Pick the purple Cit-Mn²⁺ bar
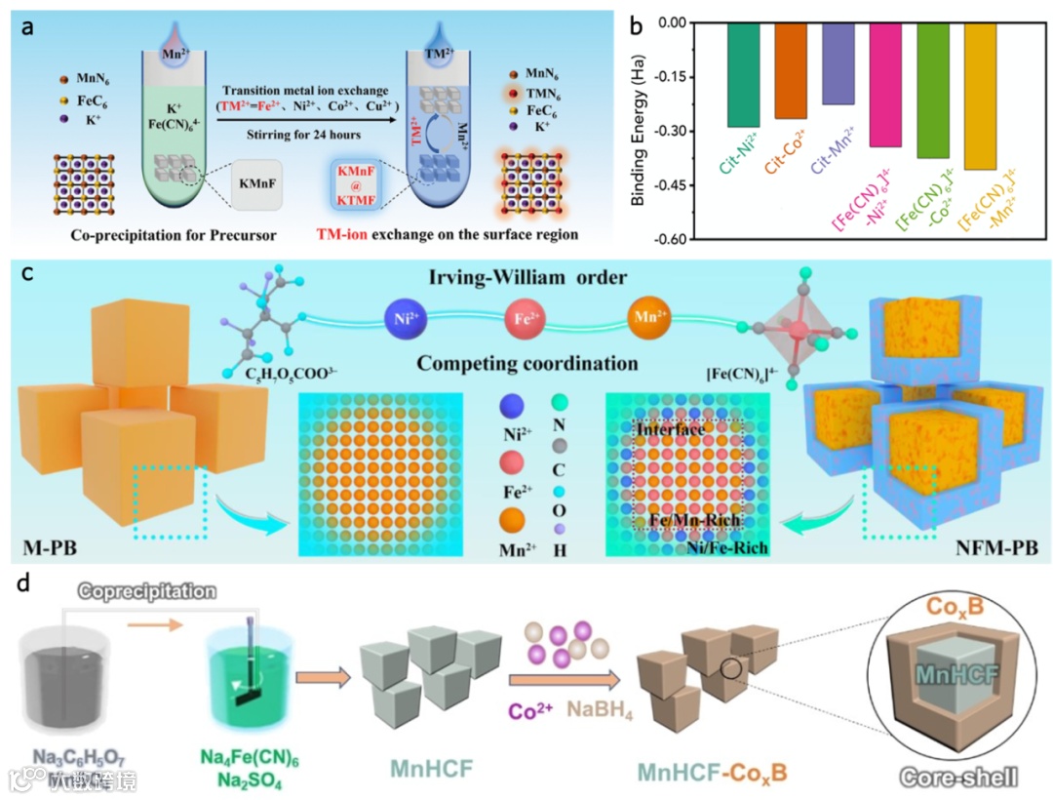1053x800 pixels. (838, 63)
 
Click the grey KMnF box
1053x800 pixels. (259, 183)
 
